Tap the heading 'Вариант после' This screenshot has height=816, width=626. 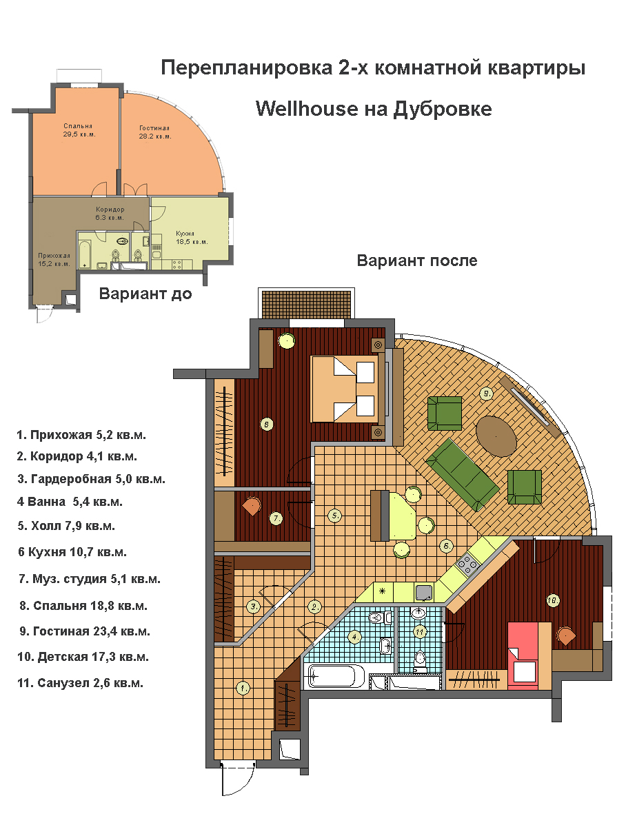coord(417,261)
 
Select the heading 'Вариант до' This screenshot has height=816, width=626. coord(146,294)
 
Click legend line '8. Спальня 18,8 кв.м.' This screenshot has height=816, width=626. coord(83,606)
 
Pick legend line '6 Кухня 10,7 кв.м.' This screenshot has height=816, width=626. coord(72,551)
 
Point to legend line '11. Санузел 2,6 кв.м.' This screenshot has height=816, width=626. coord(80,683)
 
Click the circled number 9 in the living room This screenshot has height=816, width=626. coord(486,394)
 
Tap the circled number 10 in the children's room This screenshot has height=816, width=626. coord(552,600)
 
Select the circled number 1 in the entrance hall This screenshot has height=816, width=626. coord(243,688)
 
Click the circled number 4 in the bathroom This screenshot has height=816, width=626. coord(354,636)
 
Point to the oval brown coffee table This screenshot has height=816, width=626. coord(496,436)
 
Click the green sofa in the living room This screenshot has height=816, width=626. coord(463,475)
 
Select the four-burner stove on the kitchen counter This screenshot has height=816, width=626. coord(467,564)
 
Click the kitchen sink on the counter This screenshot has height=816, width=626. coord(425,592)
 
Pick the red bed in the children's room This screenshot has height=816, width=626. coord(523,655)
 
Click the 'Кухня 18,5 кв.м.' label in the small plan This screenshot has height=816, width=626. coord(192,238)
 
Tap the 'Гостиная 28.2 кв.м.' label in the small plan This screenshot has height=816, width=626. coord(154,132)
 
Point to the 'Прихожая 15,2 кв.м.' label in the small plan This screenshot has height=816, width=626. coord(54,260)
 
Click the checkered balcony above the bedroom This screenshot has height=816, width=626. coord(307,304)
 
